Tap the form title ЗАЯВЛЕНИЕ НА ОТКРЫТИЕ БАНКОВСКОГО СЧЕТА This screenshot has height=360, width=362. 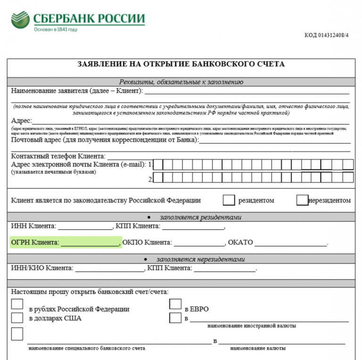[x=181, y=64]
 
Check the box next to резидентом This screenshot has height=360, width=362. [x=229, y=200]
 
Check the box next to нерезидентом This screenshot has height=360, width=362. [x=302, y=200]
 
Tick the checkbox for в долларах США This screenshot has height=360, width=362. [x=17, y=318]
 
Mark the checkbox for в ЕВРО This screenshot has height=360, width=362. [x=175, y=304]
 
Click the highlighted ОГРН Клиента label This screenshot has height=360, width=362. [x=35, y=243]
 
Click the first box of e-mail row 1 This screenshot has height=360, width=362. [x=159, y=165]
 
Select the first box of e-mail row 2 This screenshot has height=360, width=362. [x=159, y=178]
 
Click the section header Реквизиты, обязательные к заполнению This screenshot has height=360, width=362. [x=181, y=82]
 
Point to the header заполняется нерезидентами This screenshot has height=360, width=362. [x=200, y=259]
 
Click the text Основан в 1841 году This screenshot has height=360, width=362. [x=55, y=30]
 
